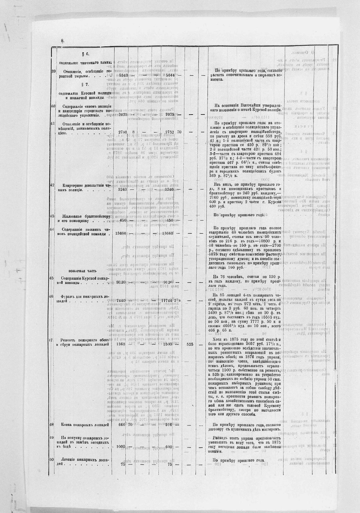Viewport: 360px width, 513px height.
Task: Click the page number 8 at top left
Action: (63, 41)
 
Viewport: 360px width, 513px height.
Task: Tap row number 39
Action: (53, 71)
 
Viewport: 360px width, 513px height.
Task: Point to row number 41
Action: (53, 123)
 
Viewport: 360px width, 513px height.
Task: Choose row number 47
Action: (53, 340)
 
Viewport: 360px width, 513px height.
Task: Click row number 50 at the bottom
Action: (53, 460)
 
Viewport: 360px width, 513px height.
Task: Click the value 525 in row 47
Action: (190, 344)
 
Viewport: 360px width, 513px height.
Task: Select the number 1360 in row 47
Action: (121, 344)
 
